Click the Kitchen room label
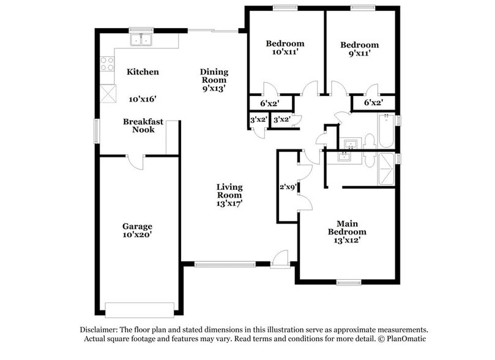click(x=143, y=72)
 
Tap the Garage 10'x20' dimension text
click(x=137, y=234)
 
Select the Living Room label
click(x=229, y=191)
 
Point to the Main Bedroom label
click(x=347, y=228)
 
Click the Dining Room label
click(x=214, y=76)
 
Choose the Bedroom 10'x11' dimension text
click(x=285, y=53)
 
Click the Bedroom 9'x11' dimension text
click(x=359, y=53)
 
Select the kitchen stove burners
click(x=107, y=64)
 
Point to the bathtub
click(x=385, y=132)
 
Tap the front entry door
click(x=281, y=260)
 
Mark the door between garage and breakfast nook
click(x=135, y=162)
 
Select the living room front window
click(x=225, y=264)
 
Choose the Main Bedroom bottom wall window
click(x=349, y=282)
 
